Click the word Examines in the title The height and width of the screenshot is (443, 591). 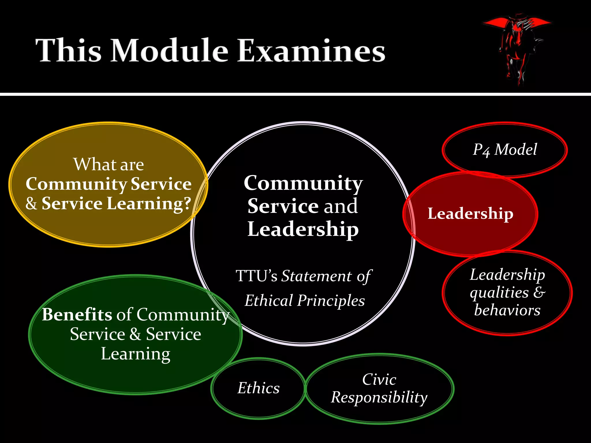point(311,51)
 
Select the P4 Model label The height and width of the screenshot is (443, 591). point(505,150)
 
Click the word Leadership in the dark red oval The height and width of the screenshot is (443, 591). point(470,214)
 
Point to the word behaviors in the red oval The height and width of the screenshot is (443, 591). point(507,310)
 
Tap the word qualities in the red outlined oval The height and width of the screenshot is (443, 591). point(500,293)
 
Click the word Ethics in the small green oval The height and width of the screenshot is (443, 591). point(259,388)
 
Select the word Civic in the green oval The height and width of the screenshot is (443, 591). point(379,380)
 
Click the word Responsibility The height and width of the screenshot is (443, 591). point(379,398)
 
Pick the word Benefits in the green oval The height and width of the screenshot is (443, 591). point(77,314)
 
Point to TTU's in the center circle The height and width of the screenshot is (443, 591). point(257,276)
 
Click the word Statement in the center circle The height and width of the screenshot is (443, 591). point(317,276)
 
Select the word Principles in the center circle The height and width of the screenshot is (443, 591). point(331,301)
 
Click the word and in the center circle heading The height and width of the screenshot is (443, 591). point(341,206)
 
